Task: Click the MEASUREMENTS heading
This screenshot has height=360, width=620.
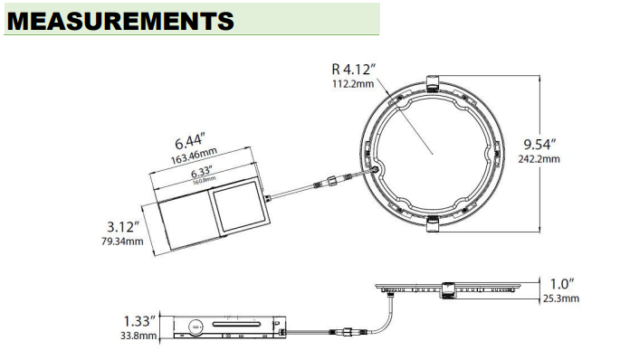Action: click(x=119, y=20)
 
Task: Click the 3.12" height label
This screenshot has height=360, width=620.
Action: click(x=123, y=226)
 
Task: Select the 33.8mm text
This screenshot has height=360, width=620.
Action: click(x=138, y=336)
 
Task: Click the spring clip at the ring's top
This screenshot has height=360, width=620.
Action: click(x=431, y=84)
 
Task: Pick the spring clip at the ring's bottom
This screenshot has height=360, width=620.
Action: click(x=431, y=223)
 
